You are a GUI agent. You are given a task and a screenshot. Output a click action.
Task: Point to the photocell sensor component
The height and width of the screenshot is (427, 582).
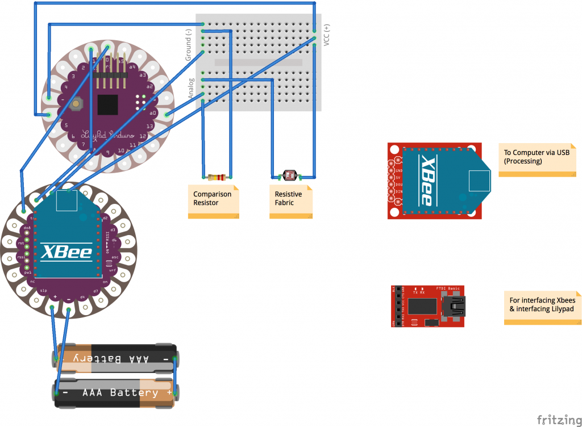coord(290,176)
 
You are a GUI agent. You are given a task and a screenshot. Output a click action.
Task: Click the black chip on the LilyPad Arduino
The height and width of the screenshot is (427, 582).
coord(108,104)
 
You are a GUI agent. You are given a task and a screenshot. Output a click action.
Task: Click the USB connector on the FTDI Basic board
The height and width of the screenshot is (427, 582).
coord(455,307)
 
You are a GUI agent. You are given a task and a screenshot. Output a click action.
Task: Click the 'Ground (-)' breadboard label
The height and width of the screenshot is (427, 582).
coord(188,46)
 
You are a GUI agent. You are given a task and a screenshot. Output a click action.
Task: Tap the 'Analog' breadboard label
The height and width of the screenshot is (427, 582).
coord(192,89)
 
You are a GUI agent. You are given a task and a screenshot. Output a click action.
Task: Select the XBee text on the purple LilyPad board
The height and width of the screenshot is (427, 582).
coord(67,251)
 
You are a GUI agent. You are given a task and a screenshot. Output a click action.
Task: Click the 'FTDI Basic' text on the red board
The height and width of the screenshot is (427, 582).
coord(447,288)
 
